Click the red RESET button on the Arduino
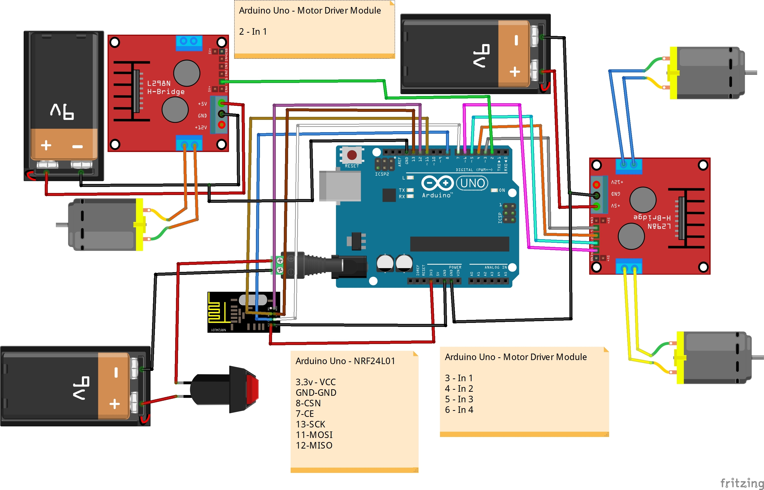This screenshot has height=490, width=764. click(x=352, y=155)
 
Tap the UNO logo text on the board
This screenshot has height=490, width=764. click(x=472, y=183)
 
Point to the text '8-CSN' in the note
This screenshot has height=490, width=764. click(x=308, y=403)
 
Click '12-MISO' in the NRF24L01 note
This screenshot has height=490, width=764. click(x=314, y=446)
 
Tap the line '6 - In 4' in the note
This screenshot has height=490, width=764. click(x=459, y=410)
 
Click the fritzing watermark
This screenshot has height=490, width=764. click(x=742, y=483)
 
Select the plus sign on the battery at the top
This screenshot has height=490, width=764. click(x=515, y=72)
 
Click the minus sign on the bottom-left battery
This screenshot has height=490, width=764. click(x=116, y=373)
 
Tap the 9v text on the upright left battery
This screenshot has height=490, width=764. click(x=62, y=111)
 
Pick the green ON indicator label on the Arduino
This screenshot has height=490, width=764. click(x=502, y=190)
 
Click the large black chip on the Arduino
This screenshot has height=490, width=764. click(x=459, y=244)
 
